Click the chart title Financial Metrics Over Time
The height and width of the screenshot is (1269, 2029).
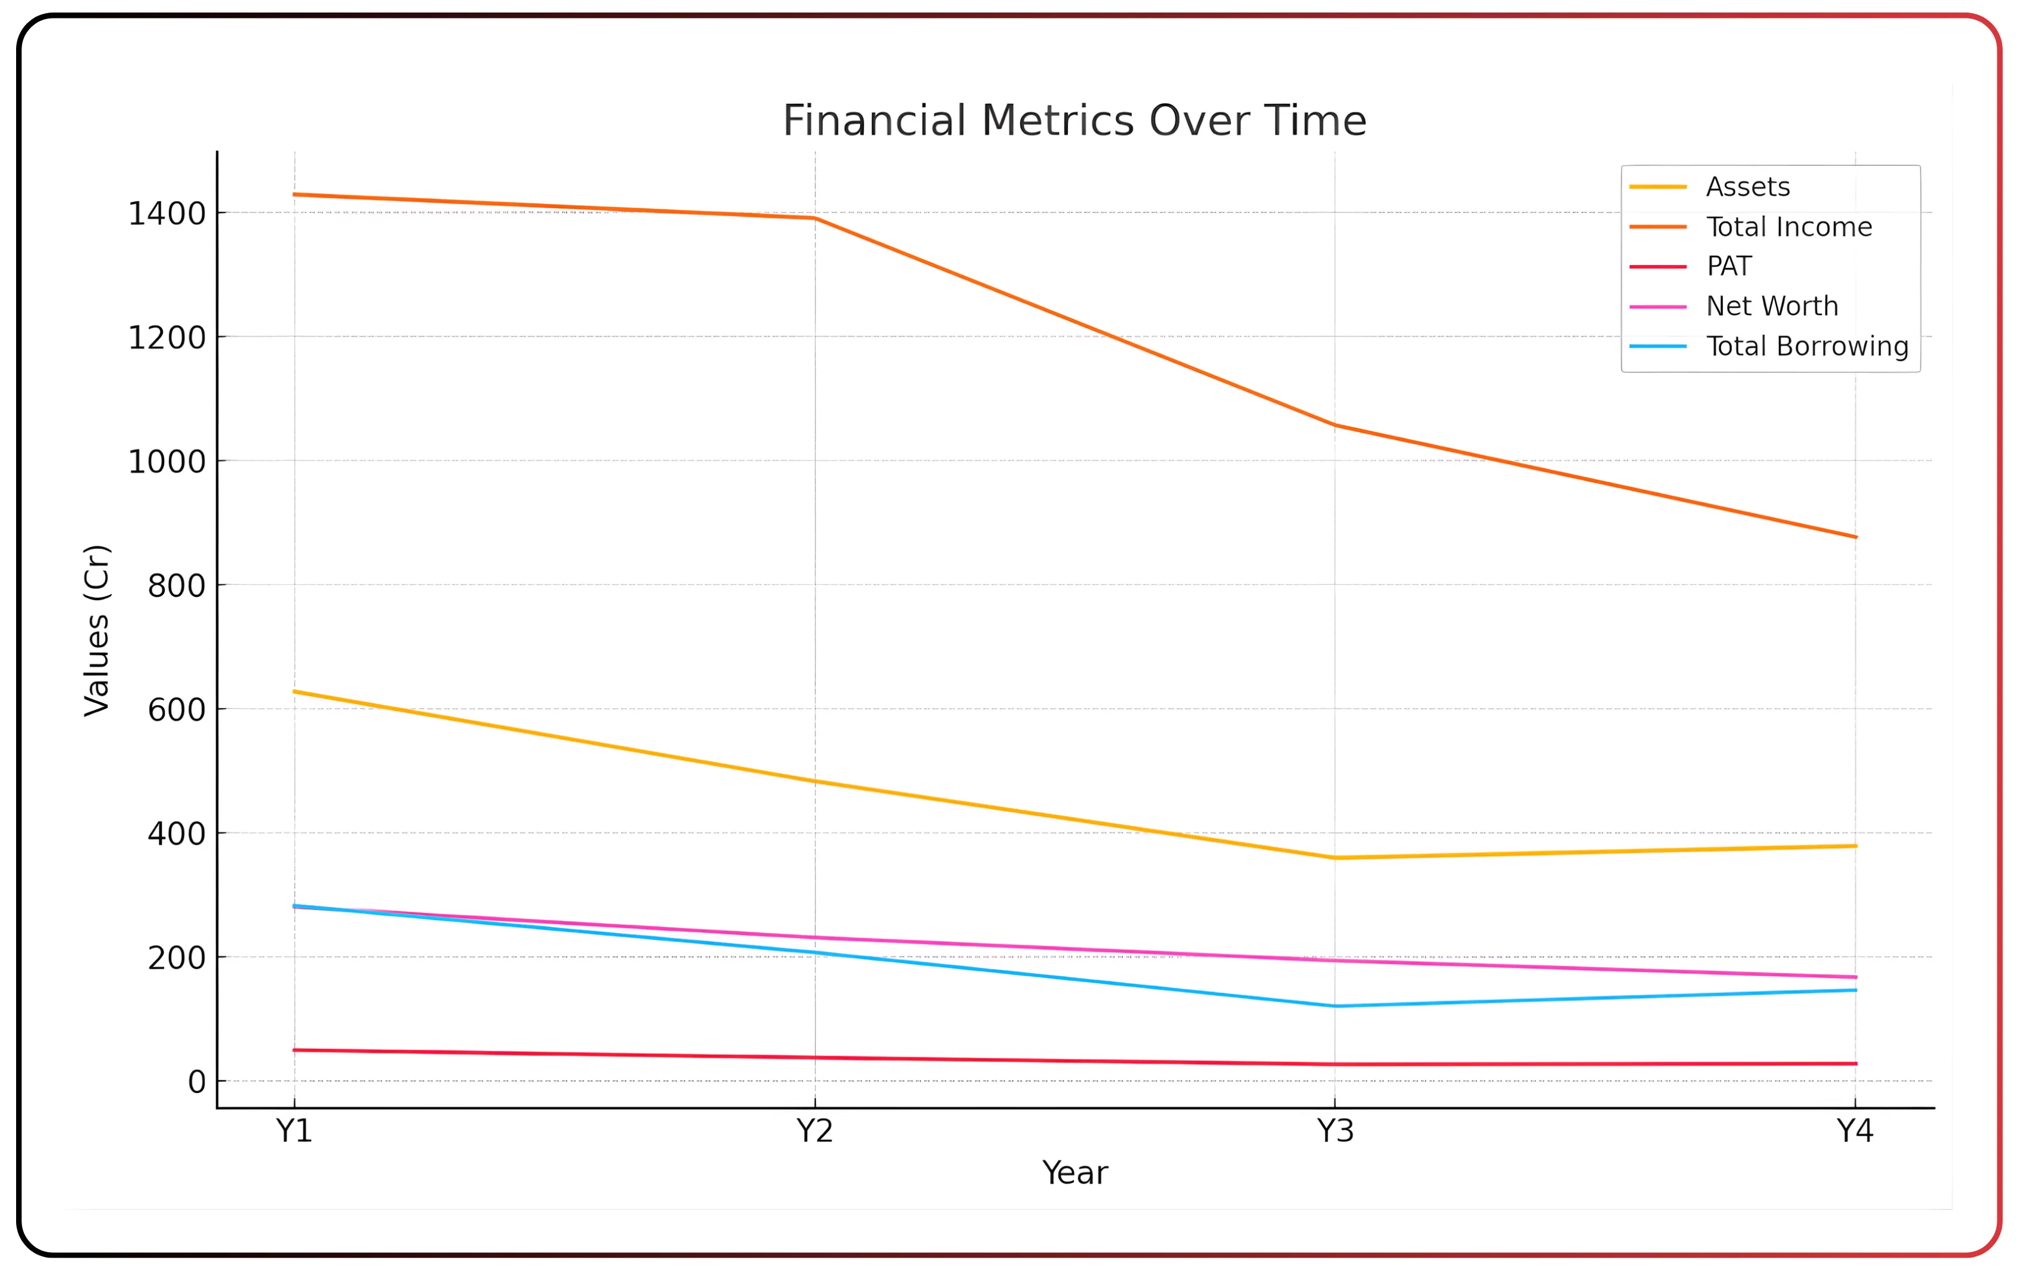[x=1074, y=121]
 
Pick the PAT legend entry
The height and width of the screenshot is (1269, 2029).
[x=1729, y=266]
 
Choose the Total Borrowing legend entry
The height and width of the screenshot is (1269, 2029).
[x=1806, y=346]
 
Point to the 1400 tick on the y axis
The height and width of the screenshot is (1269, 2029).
[x=166, y=214]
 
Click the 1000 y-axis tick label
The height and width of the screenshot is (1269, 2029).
[x=166, y=462]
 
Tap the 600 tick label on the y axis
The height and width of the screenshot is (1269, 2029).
[x=176, y=710]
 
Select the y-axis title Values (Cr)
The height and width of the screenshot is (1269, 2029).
[x=97, y=630]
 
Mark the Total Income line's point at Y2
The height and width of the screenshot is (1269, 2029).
[x=814, y=218]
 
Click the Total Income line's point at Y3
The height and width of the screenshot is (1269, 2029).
[x=1335, y=425]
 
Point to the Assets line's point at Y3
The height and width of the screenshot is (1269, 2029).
[x=1335, y=858]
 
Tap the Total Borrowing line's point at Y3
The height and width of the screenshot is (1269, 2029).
[x=1335, y=1006]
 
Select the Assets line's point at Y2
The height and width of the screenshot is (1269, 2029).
[x=814, y=782]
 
